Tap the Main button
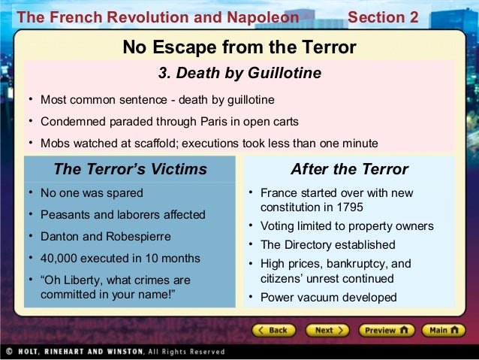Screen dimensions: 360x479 pos(444,330)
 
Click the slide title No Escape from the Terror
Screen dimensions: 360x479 pos(239,49)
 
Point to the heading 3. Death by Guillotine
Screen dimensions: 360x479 pos(239,73)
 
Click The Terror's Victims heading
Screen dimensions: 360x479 pos(130,168)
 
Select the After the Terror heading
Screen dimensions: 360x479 pos(349,168)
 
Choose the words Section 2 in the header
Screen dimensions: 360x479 pos(384,17)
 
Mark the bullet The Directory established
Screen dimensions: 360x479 pos(327,245)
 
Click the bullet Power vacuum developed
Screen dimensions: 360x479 pos(328,297)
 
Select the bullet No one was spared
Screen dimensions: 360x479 pos(92,193)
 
